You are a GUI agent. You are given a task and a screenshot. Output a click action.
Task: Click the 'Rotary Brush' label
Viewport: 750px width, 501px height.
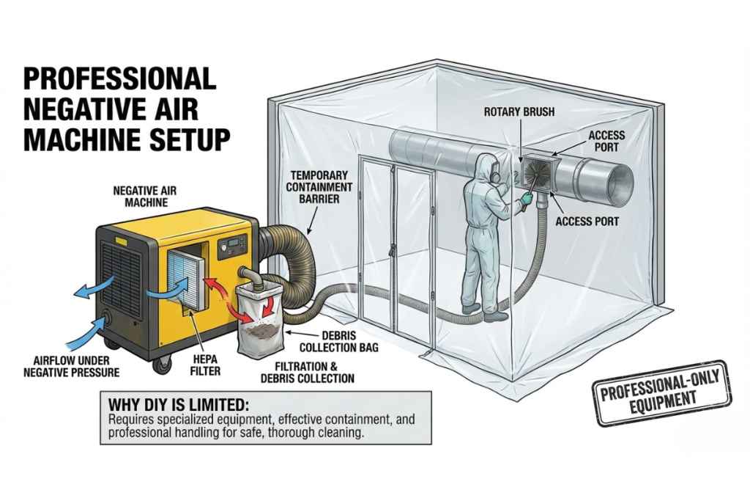[519, 112]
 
